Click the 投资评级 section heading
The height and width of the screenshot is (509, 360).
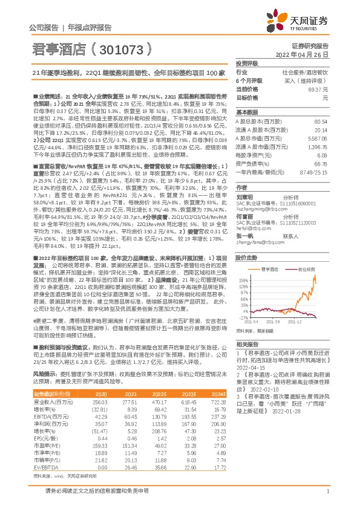point(247,63)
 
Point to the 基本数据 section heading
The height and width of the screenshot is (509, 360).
point(247,112)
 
